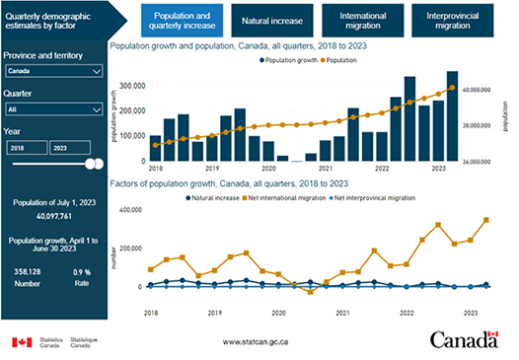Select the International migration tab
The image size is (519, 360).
pos(362,19)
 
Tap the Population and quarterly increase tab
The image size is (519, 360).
pos(184,19)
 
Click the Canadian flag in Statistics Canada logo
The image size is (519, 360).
pos(22,342)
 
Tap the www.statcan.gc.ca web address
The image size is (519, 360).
pos(255,342)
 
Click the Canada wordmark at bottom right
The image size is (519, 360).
pos(464,340)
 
